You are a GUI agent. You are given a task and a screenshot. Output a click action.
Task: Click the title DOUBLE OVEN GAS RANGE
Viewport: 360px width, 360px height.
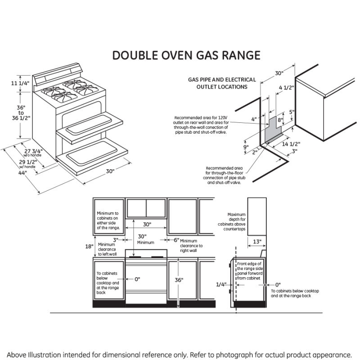tap(186, 55)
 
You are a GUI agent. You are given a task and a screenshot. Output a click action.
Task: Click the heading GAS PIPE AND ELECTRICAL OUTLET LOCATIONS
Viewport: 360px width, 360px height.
tap(222, 83)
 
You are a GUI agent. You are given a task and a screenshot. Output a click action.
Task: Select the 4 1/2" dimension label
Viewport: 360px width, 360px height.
tap(286, 88)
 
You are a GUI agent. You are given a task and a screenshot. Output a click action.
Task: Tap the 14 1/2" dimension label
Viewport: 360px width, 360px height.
tap(291, 144)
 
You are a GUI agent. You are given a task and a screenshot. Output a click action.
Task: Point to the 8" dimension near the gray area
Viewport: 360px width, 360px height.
tap(279, 120)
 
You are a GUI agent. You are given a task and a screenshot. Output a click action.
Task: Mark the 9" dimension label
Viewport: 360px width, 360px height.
tap(245, 147)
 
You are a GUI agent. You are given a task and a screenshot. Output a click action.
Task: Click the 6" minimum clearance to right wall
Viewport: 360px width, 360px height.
tap(176, 240)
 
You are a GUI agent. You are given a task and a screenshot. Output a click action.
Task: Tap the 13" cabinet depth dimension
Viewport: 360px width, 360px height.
tap(256, 242)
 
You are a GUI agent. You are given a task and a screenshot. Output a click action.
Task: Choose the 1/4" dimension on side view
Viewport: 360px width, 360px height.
tap(221, 284)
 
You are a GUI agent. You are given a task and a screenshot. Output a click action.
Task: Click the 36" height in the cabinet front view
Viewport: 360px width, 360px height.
tap(179, 280)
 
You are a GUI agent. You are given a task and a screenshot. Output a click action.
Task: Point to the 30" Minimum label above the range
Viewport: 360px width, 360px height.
tap(142, 239)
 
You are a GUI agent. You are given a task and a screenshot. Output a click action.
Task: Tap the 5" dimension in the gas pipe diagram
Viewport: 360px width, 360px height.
tap(292, 112)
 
